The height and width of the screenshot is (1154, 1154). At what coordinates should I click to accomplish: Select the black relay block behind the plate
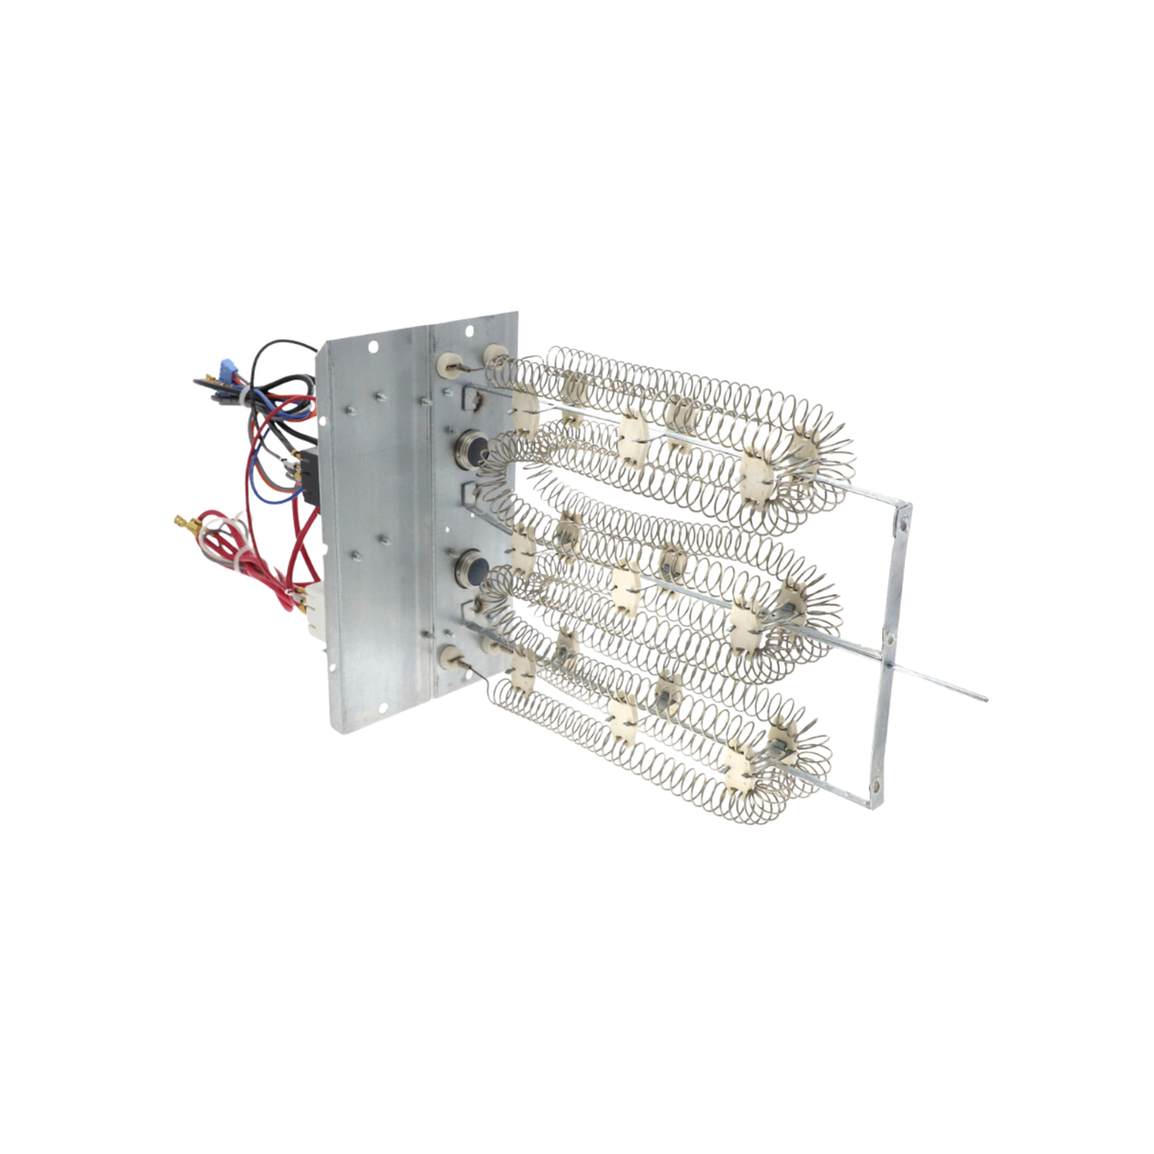click(x=309, y=469)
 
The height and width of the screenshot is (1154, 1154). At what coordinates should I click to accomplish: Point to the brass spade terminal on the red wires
click(x=182, y=520)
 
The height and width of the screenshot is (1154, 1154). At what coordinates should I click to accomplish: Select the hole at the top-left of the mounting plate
click(x=373, y=346)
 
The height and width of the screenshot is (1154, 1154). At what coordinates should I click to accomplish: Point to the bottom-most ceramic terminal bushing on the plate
click(x=446, y=653)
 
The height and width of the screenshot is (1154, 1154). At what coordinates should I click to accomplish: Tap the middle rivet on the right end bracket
click(x=890, y=634)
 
